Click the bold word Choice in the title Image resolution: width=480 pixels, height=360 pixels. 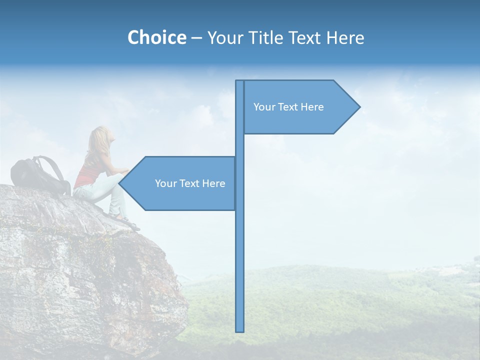coord(156,37)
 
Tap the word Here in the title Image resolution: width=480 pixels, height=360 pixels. coord(345,38)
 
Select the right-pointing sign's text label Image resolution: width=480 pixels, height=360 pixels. coord(288,107)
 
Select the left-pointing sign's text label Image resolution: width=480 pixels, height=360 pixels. coord(190,183)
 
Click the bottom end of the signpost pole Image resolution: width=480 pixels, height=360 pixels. coord(240,330)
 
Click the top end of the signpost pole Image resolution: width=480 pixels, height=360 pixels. coord(240,82)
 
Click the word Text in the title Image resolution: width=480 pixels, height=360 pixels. coord(306,38)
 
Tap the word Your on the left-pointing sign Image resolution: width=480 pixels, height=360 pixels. coord(165,183)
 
